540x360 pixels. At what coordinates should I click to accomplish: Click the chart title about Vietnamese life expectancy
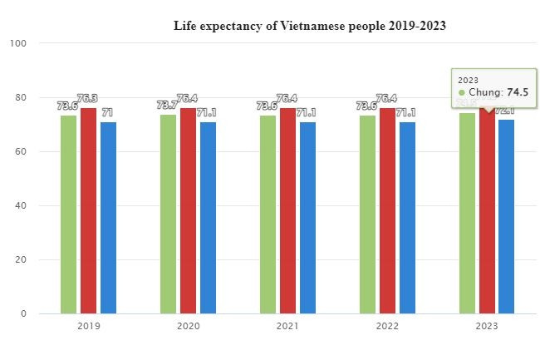pyautogui.click(x=309, y=26)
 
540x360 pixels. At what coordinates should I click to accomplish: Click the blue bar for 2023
pyautogui.click(x=506, y=216)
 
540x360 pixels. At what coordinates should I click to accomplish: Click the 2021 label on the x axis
pyautogui.click(x=287, y=327)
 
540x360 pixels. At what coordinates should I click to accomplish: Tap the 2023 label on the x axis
pyautogui.click(x=487, y=327)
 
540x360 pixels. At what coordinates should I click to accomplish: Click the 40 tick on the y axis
pyautogui.click(x=21, y=205)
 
